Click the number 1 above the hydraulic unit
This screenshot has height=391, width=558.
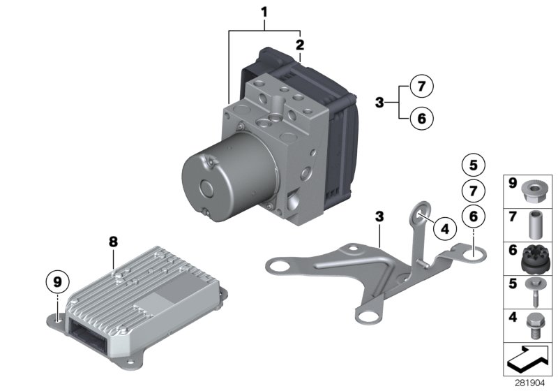264,11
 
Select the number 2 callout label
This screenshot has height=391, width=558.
300,45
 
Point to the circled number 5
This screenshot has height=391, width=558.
473,165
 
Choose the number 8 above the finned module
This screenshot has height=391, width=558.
114,242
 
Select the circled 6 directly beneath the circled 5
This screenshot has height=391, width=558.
473,217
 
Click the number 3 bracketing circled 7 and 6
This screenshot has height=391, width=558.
379,103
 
